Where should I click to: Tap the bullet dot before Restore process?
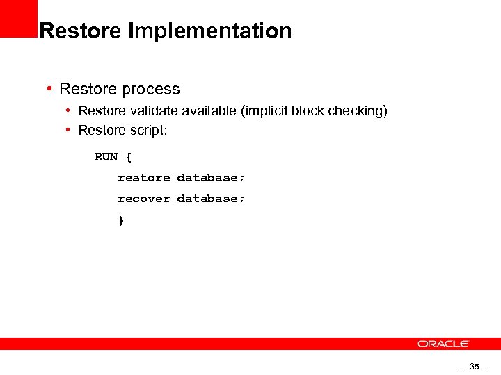pyautogui.click(x=49, y=89)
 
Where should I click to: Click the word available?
pyautogui.click(x=207, y=111)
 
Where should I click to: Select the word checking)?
pyautogui.click(x=358, y=111)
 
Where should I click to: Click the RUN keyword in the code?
pyautogui.click(x=106, y=157)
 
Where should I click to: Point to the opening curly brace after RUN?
pyautogui.click(x=129, y=157)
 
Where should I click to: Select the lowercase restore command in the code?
pyautogui.click(x=143, y=178)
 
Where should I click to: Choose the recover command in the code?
pyautogui.click(x=143, y=199)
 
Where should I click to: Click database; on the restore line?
pyautogui.click(x=211, y=178)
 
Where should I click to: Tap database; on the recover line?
pyautogui.click(x=211, y=199)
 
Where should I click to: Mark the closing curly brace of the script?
pyautogui.click(x=121, y=220)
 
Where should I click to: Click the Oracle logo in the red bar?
pyautogui.click(x=443, y=344)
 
